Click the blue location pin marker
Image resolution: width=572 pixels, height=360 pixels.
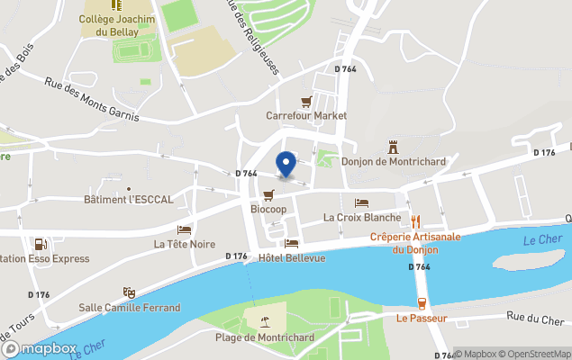(286, 165)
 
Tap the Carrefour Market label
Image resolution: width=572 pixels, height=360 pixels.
(306, 116)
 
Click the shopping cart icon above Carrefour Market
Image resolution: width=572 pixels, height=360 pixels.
(306, 102)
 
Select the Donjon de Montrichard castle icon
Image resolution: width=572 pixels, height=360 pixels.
(393, 147)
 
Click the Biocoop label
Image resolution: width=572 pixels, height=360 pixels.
(268, 208)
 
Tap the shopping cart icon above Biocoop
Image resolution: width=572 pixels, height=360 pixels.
(268, 194)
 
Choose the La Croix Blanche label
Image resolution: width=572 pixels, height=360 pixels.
(361, 217)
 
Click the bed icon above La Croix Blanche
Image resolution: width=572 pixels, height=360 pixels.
(361, 202)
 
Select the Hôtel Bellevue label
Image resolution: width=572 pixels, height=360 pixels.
(291, 258)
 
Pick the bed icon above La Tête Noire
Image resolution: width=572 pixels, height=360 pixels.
(184, 229)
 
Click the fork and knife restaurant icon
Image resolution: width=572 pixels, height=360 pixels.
(415, 220)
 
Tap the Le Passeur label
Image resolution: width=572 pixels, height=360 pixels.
(421, 319)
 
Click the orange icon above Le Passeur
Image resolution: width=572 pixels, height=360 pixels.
(421, 304)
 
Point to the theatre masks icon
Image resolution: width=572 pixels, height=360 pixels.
(129, 293)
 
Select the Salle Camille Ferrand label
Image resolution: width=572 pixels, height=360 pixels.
(130, 308)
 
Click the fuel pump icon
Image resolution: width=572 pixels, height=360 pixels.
(40, 244)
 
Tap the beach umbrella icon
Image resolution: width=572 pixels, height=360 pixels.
(264, 322)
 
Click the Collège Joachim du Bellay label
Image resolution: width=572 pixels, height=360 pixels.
(117, 24)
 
